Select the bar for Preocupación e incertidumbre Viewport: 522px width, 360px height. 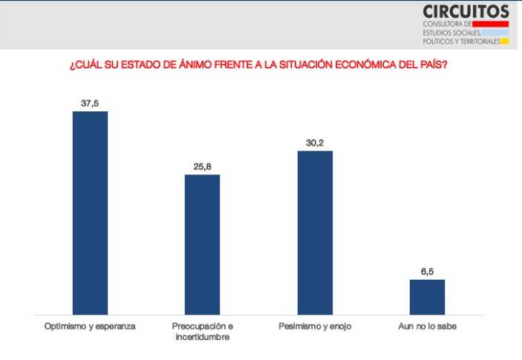click(x=202, y=244)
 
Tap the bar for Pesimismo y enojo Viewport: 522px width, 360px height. click(x=315, y=232)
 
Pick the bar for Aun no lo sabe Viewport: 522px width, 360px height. click(x=427, y=297)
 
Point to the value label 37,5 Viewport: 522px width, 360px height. click(x=89, y=103)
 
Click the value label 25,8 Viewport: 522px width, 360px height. click(x=202, y=167)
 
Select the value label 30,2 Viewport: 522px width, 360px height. click(x=315, y=143)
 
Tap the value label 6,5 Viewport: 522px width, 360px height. click(x=427, y=272)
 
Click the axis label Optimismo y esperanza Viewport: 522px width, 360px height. click(x=90, y=326)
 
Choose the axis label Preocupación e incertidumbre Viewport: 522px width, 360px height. click(x=202, y=331)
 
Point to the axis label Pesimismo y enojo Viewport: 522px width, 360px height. click(x=315, y=326)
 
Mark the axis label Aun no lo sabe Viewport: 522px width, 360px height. click(x=427, y=326)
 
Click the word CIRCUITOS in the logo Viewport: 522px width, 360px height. click(x=466, y=11)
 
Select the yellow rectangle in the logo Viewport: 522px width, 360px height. click(x=504, y=41)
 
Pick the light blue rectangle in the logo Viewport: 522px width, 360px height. click(x=495, y=33)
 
